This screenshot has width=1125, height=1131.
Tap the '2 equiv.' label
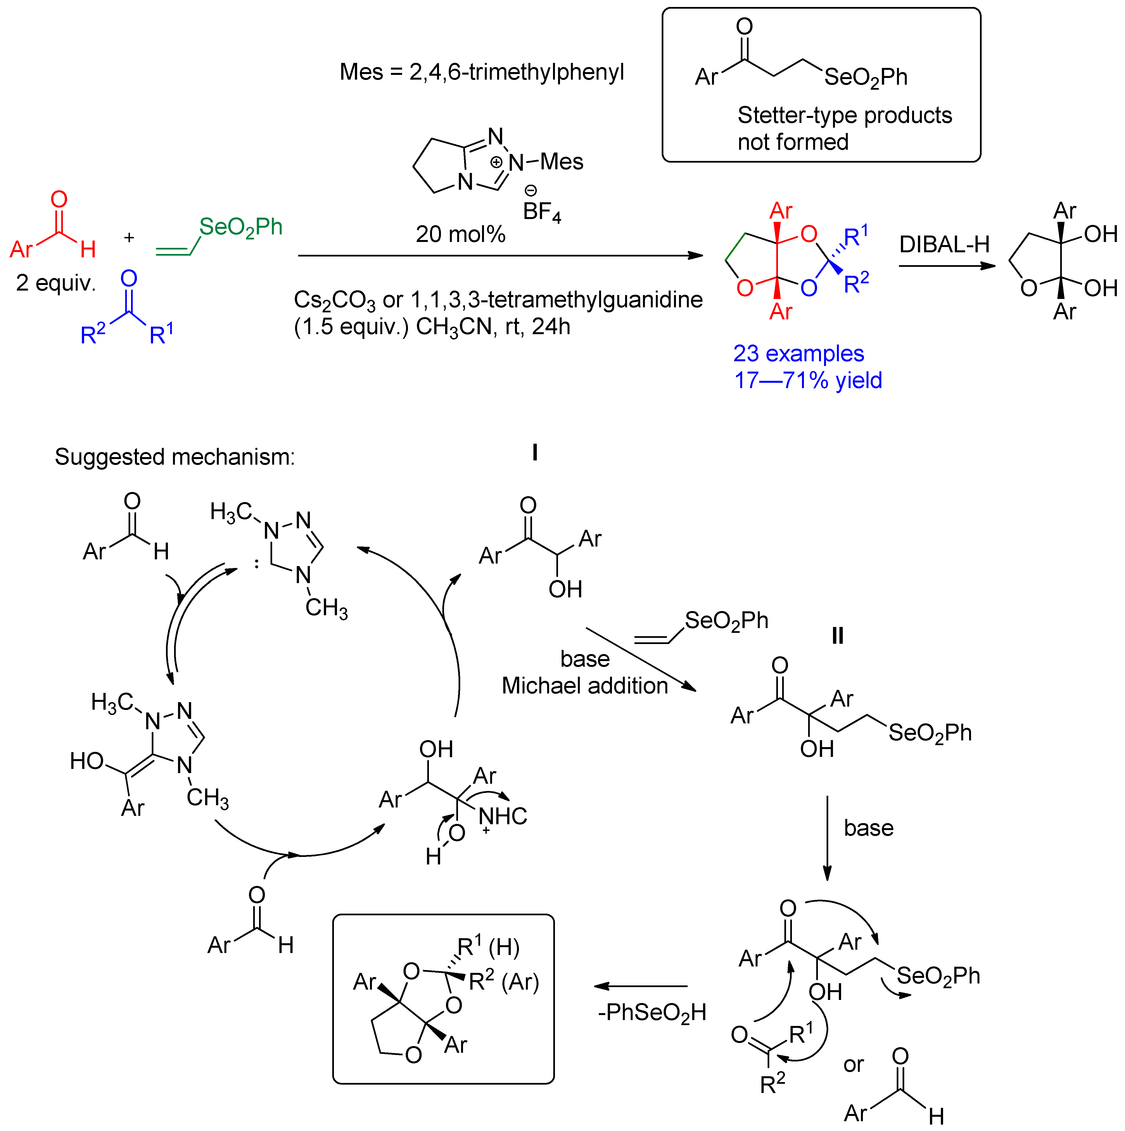(56, 283)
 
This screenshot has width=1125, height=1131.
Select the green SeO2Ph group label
(241, 227)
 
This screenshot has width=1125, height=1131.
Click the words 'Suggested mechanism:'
(174, 457)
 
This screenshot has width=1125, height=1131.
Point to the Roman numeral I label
(534, 453)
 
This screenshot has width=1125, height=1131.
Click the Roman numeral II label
(838, 636)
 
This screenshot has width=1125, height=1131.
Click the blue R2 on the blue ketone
(92, 334)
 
